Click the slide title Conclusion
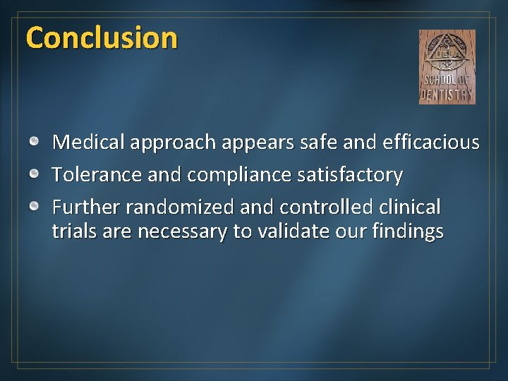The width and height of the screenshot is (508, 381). (101, 37)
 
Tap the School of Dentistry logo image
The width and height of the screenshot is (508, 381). (447, 67)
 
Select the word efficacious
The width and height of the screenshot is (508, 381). (431, 143)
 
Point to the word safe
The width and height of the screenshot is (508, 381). (321, 143)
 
